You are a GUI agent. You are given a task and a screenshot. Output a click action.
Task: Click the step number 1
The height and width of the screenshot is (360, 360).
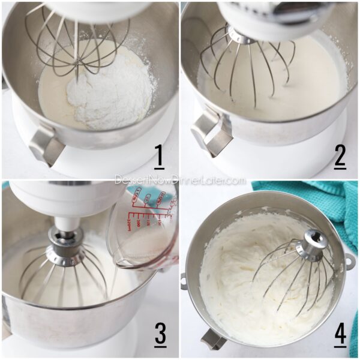tap(159, 157)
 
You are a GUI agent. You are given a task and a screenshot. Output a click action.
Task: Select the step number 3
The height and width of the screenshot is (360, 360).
tap(159, 334)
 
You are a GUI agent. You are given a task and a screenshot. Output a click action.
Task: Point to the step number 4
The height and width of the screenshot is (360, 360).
tap(340, 335)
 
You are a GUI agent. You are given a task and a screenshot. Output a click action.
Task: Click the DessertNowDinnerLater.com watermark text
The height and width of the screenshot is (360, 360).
tap(180, 180)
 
